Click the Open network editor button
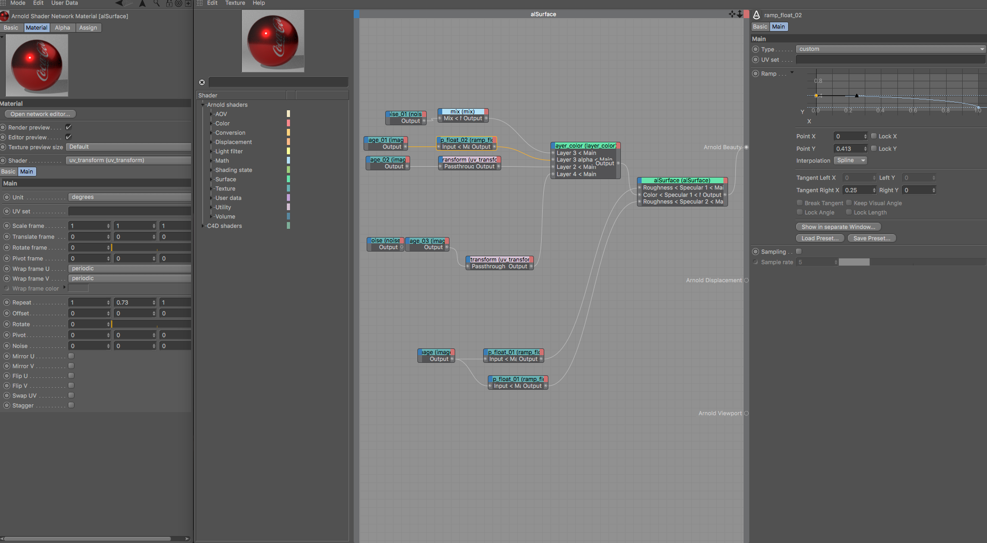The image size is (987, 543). pos(40,114)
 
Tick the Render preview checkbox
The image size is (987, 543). pos(68,127)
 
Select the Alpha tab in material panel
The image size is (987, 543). pos(62,28)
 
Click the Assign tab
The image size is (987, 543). pos(88,28)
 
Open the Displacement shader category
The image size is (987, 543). pos(234,142)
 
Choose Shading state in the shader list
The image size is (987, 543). pos(234,170)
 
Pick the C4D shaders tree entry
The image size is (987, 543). pos(224,226)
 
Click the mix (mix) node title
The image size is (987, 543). pos(462,112)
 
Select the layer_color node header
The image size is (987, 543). pos(585,146)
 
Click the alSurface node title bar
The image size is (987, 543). pos(681,181)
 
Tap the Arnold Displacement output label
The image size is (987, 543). pos(714,281)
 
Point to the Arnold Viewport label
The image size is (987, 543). pos(720,414)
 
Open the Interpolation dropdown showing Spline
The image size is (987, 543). pos(850,161)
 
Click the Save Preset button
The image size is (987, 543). pos(872,239)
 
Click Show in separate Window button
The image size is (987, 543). pos(838,227)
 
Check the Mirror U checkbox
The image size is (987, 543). pos(71,356)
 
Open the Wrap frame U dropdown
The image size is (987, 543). pos(129,269)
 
